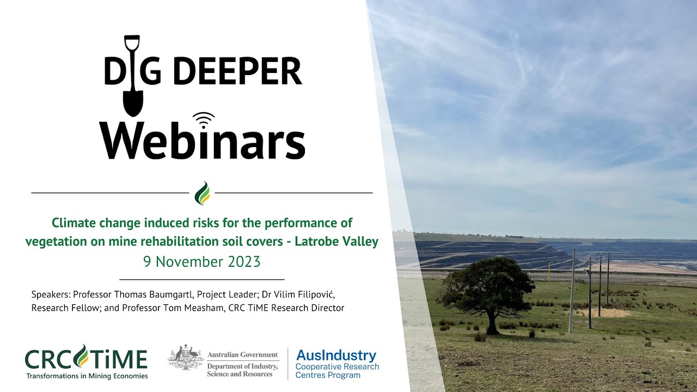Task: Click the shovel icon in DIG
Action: pos(132,76)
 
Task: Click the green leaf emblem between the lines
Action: pos(202,193)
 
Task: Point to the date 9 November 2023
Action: pos(202,262)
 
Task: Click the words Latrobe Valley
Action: pos(337,241)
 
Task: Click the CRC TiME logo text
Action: pos(86,359)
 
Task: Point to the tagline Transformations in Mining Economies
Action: pos(86,375)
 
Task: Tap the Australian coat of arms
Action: pos(185,358)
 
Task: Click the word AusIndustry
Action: pos(336,356)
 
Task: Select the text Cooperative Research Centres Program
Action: pos(337,371)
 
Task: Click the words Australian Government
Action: pos(242,355)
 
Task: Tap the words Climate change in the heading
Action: pos(90,223)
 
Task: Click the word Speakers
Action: pos(51,295)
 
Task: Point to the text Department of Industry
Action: pos(242,366)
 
